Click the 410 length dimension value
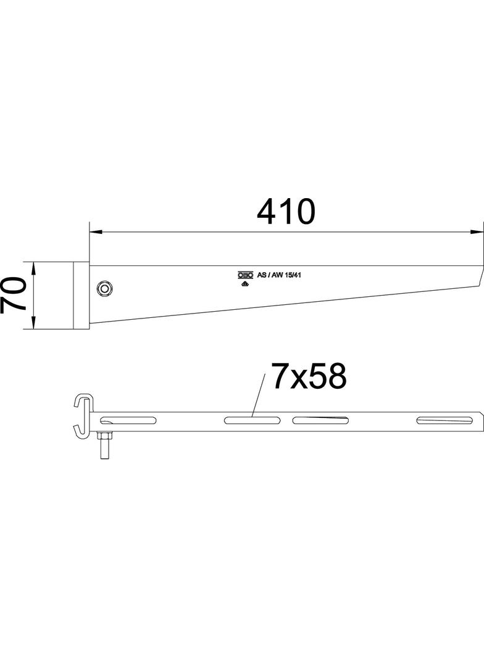(x=286, y=212)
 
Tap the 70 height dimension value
(x=14, y=294)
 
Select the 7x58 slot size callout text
(x=308, y=377)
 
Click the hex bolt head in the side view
(x=106, y=288)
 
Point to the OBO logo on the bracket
(x=246, y=275)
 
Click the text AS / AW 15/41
(x=278, y=275)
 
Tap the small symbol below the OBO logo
(x=244, y=284)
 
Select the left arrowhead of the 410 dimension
(x=96, y=232)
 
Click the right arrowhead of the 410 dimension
(x=477, y=232)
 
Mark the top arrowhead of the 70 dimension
(x=35, y=267)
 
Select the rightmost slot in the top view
(x=441, y=421)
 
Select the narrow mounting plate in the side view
(x=81, y=295)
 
